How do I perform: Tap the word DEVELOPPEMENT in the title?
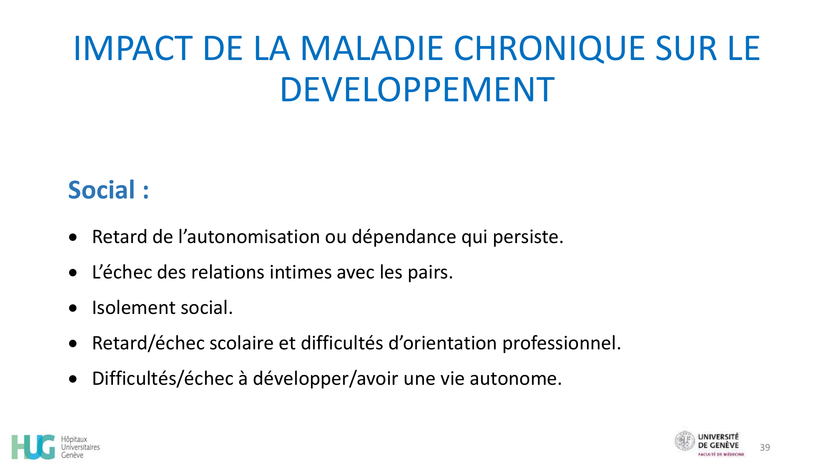(417, 90)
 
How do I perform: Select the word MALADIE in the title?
(371, 49)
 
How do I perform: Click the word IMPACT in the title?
(133, 49)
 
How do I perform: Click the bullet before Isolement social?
(73, 308)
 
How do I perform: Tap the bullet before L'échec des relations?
(73, 273)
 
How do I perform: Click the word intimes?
(300, 273)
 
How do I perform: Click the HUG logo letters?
(33, 447)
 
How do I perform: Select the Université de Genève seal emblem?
(685, 441)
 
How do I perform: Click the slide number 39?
(765, 448)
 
